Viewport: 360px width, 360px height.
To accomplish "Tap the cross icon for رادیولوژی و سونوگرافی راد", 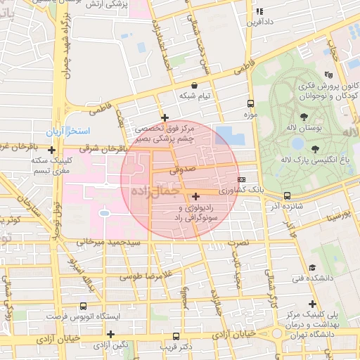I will pos(195,196).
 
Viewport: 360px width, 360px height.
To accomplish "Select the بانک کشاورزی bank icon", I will pos(242,179).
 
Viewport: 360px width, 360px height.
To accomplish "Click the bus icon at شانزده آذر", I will pos(287,196).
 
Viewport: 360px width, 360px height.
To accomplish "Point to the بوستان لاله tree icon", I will pos(304,117).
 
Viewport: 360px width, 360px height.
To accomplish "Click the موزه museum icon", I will pos(252,103).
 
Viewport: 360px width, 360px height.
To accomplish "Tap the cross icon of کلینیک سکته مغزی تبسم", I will pos(52,149).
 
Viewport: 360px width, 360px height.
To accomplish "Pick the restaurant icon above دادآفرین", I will pos(259,11).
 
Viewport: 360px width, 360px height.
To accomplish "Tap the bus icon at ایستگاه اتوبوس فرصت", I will pos(84,307).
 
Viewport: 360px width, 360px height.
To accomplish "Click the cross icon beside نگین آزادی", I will pos(110,333).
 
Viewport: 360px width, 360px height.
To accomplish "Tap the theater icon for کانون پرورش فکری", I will pos(328,75).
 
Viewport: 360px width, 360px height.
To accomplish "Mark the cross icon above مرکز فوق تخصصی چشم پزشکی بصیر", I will pos(165,117).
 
